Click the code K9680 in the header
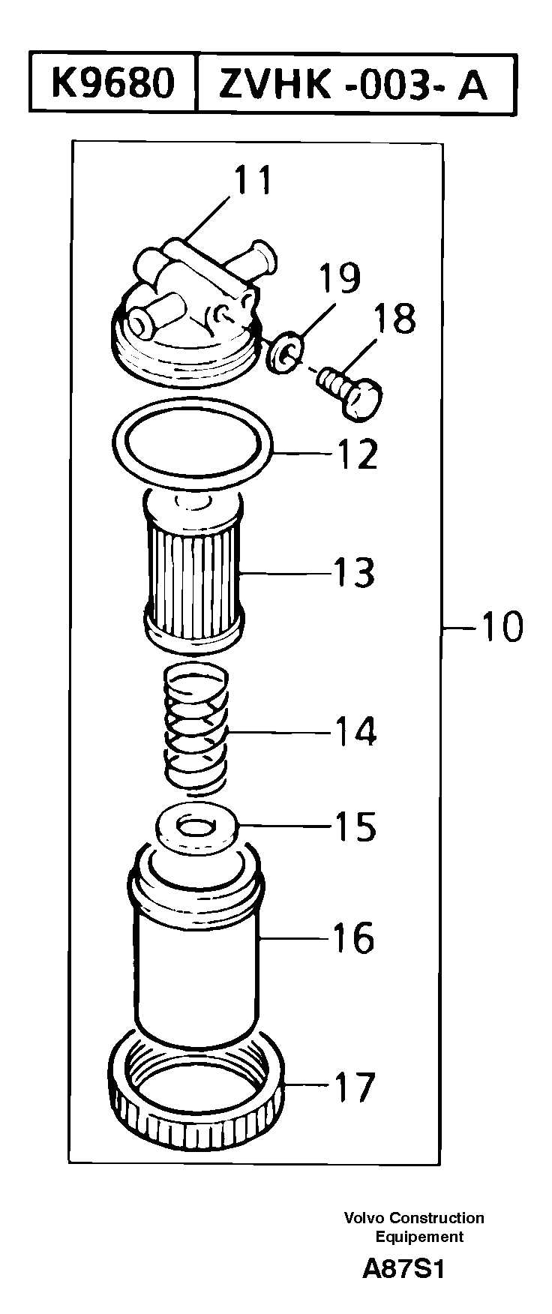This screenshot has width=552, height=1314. pyautogui.click(x=112, y=82)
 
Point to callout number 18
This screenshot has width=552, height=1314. pyautogui.click(x=392, y=318)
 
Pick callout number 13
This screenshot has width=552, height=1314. pyautogui.click(x=353, y=573)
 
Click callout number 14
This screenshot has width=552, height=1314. pyautogui.click(x=355, y=731)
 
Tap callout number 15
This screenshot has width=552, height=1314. pyautogui.click(x=354, y=826)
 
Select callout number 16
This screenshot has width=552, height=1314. pyautogui.click(x=353, y=938)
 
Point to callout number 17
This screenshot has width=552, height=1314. pyautogui.click(x=353, y=1087)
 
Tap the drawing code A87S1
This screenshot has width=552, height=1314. pyautogui.click(x=403, y=1269)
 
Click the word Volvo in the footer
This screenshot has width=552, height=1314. pyautogui.click(x=363, y=1218)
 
